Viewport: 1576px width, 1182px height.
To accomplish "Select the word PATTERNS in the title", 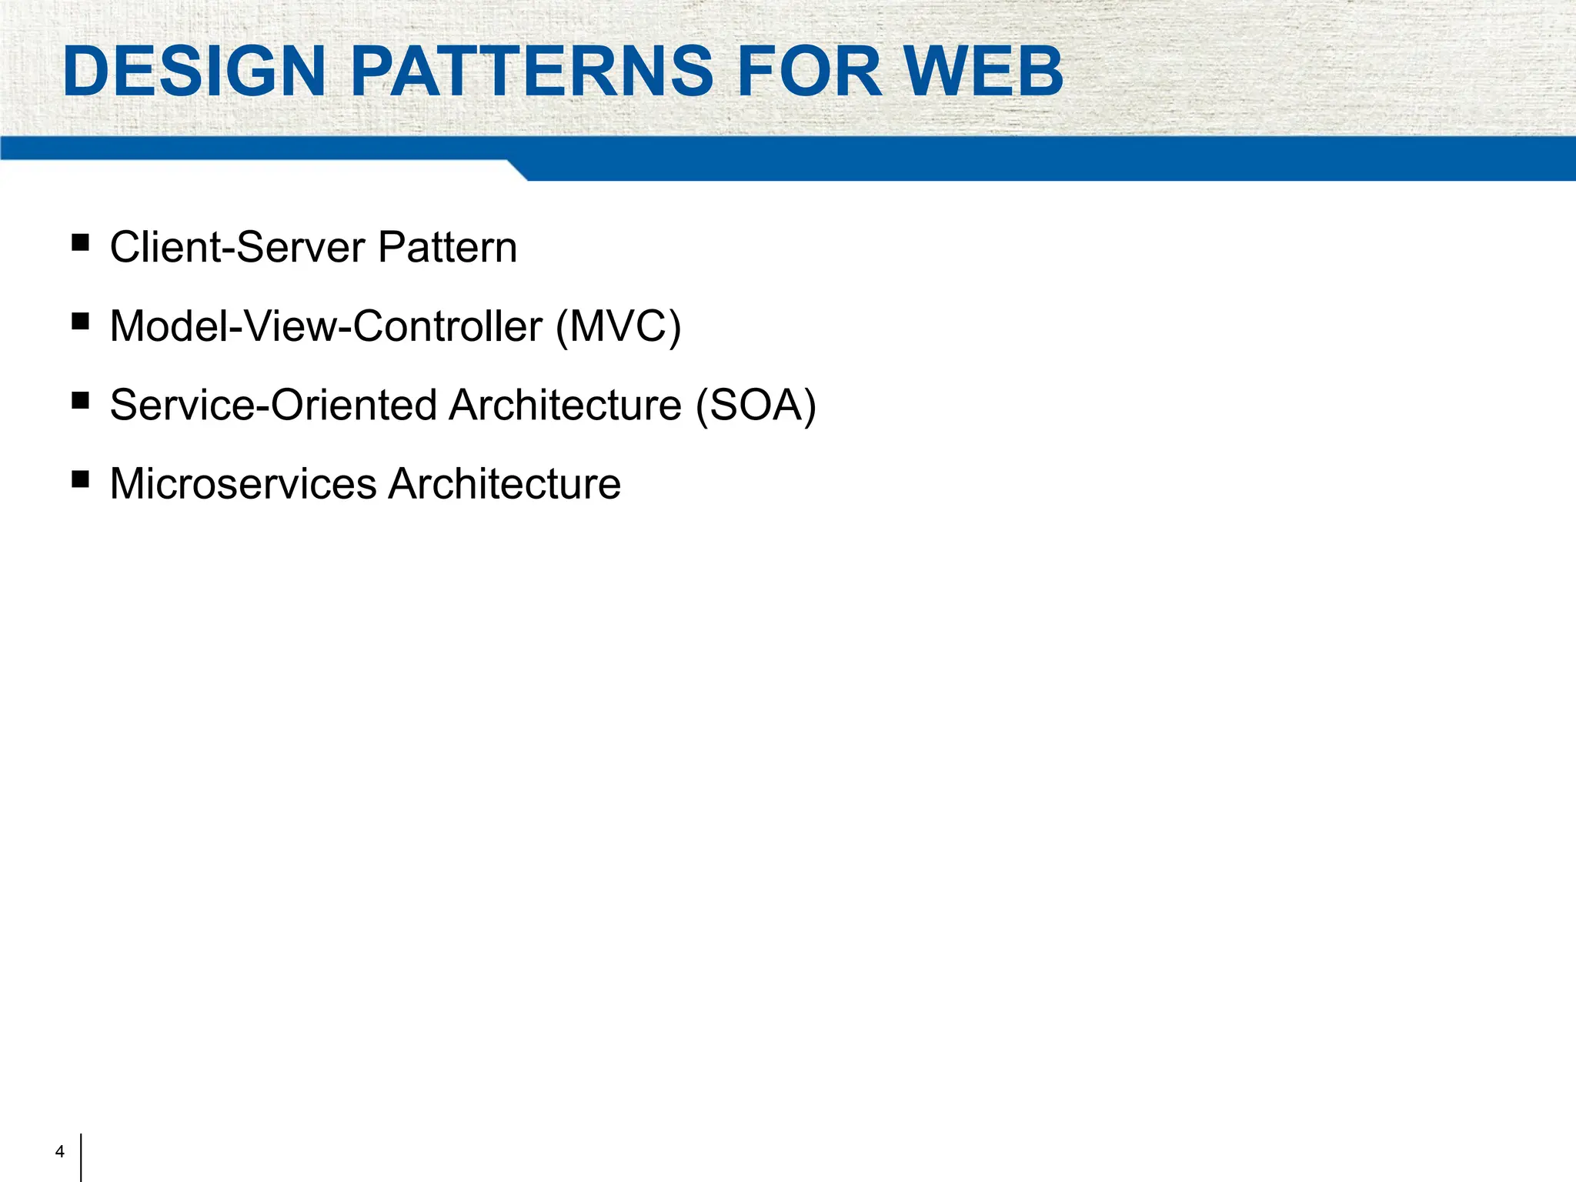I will pyautogui.click(x=532, y=72).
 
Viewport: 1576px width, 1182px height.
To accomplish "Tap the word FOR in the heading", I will pyautogui.click(x=809, y=72).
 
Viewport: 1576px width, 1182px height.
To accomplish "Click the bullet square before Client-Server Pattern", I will pyautogui.click(x=80, y=243).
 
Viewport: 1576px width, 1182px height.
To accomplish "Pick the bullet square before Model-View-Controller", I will pyautogui.click(x=80, y=322).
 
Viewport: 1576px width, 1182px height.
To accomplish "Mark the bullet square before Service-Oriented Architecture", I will pyautogui.click(x=80, y=401).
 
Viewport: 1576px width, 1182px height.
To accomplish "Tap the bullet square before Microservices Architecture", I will pyautogui.click(x=80, y=479).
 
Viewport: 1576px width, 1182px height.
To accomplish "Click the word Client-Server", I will pyautogui.click(x=238, y=248).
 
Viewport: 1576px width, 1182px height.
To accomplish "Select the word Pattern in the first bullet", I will pyautogui.click(x=447, y=248).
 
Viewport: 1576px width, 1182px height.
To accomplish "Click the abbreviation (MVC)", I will pyautogui.click(x=619, y=326).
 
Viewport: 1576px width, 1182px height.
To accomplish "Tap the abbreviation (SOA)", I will pyautogui.click(x=755, y=406).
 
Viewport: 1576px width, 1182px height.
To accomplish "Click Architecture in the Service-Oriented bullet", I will pyautogui.click(x=566, y=406).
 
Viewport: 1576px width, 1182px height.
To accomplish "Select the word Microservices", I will pyautogui.click(x=243, y=484).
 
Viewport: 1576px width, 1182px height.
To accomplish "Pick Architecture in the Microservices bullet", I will pyautogui.click(x=504, y=484).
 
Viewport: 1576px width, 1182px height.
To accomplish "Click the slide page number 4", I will pyautogui.click(x=60, y=1152).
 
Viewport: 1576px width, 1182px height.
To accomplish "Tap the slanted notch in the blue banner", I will pyautogui.click(x=517, y=170).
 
